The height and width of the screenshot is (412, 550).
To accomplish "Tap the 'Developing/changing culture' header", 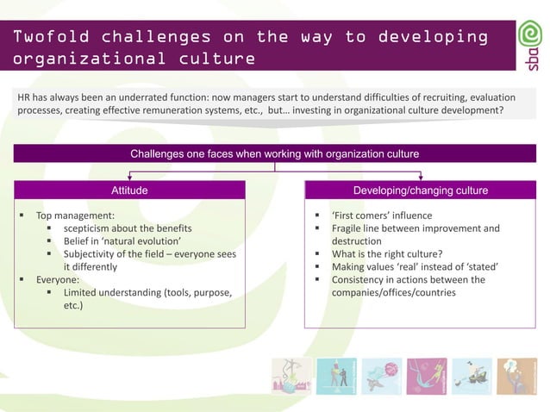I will click(x=421, y=190).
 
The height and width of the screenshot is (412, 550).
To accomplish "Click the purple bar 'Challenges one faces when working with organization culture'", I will click(x=274, y=153).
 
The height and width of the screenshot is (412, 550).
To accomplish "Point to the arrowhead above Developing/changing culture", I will click(x=421, y=178).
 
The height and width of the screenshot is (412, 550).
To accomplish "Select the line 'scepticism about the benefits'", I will click(x=127, y=228).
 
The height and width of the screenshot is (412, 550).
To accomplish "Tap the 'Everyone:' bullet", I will click(x=58, y=280).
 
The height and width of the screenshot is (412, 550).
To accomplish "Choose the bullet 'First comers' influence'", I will click(x=382, y=215).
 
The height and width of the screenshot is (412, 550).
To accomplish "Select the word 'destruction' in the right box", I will click(x=357, y=241).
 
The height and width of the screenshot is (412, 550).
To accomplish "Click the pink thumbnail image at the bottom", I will click(x=427, y=376).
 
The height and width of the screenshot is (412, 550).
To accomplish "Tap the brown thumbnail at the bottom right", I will click(x=516, y=376).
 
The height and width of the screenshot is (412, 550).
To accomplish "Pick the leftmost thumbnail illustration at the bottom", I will click(x=291, y=376).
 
